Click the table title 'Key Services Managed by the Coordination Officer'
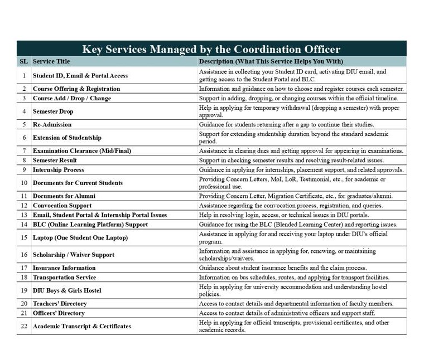211,48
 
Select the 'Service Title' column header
51,61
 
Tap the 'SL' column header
23,61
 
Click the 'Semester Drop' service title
53,111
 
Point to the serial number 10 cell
24,183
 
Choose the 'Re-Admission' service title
52,124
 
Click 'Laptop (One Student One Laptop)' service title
80,237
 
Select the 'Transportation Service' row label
64,277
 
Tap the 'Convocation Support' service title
62,206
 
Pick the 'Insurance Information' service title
64,267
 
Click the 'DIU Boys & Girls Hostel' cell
67,290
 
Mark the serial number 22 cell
24,326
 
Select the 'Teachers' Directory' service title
60,304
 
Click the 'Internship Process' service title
58,169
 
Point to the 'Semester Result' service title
55,160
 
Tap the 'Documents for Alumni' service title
64,196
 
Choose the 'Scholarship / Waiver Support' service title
73,255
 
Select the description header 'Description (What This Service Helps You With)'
271,61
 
